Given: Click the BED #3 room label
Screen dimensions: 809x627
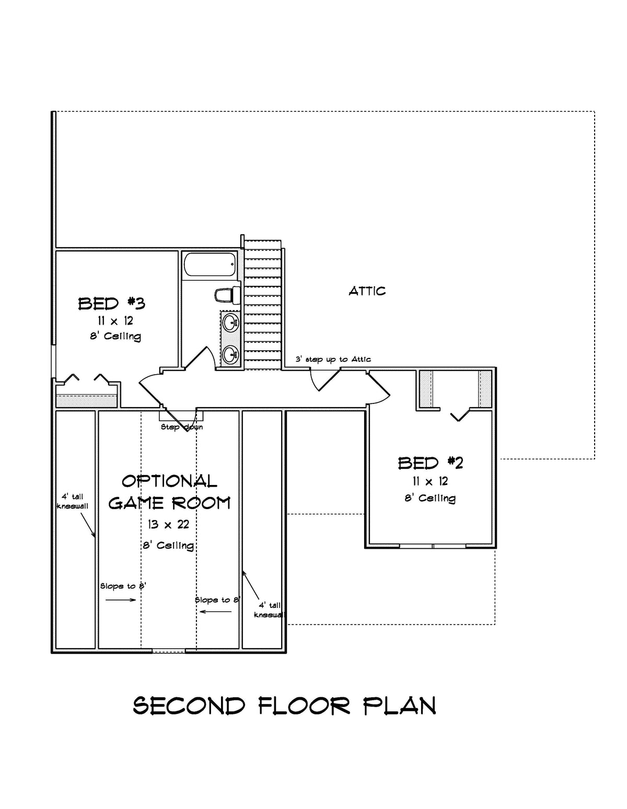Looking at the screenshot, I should click(111, 303).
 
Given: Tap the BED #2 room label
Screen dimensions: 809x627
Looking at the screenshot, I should click(430, 463).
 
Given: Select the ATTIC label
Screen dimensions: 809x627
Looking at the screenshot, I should click(367, 291).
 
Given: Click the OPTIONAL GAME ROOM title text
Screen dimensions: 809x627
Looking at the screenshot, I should click(169, 492).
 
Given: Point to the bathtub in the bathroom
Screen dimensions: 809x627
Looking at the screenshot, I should click(210, 265).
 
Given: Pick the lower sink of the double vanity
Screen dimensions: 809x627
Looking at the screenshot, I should click(230, 355).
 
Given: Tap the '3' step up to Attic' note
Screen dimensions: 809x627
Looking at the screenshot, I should click(333, 360).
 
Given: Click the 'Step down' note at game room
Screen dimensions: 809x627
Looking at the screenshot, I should click(181, 427).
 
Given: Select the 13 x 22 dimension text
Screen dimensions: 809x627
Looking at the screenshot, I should click(168, 524).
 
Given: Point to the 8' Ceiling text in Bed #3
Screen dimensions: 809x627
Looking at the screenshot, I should click(115, 336).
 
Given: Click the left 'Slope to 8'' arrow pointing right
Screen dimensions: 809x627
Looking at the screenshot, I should click(121, 600).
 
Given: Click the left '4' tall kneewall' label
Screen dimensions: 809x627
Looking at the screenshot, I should click(72, 501).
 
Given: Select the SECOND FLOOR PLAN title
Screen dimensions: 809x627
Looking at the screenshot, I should click(285, 706).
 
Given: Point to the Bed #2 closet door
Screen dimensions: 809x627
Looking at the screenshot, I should click(459, 415).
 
